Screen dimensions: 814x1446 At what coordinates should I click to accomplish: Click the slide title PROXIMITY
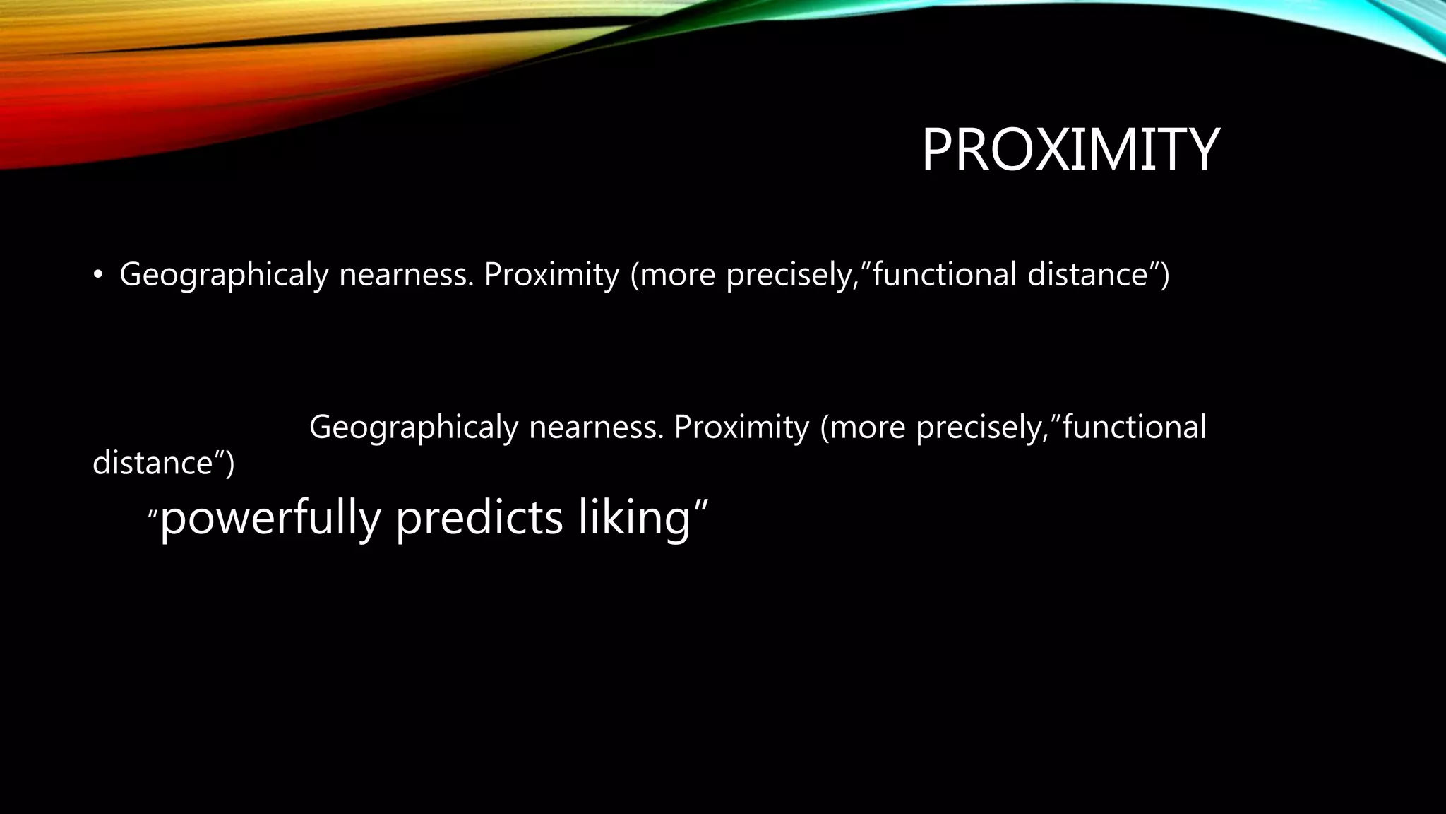[1070, 150]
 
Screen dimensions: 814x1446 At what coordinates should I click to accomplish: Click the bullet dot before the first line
[97, 276]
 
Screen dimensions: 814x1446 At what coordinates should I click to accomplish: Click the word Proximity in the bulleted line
[551, 274]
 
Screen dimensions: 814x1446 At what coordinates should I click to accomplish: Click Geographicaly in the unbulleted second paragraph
[414, 427]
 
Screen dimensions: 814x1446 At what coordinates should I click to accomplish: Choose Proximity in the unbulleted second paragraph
[741, 427]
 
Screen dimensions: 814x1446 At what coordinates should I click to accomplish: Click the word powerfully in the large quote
[270, 518]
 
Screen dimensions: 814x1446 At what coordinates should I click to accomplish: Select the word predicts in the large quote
[479, 518]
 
